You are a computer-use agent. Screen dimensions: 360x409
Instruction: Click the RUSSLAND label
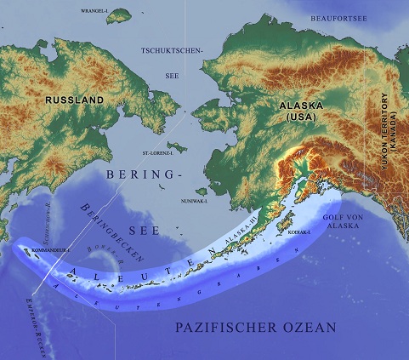[x=75, y=100]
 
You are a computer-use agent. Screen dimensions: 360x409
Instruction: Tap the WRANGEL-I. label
[x=94, y=11]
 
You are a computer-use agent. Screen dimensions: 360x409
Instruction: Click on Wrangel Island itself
[x=120, y=15]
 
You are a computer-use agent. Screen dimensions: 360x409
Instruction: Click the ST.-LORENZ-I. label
[x=157, y=154]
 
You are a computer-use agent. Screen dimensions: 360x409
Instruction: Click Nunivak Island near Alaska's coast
[x=202, y=192]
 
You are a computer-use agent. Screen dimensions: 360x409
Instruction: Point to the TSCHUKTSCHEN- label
[x=173, y=51]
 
